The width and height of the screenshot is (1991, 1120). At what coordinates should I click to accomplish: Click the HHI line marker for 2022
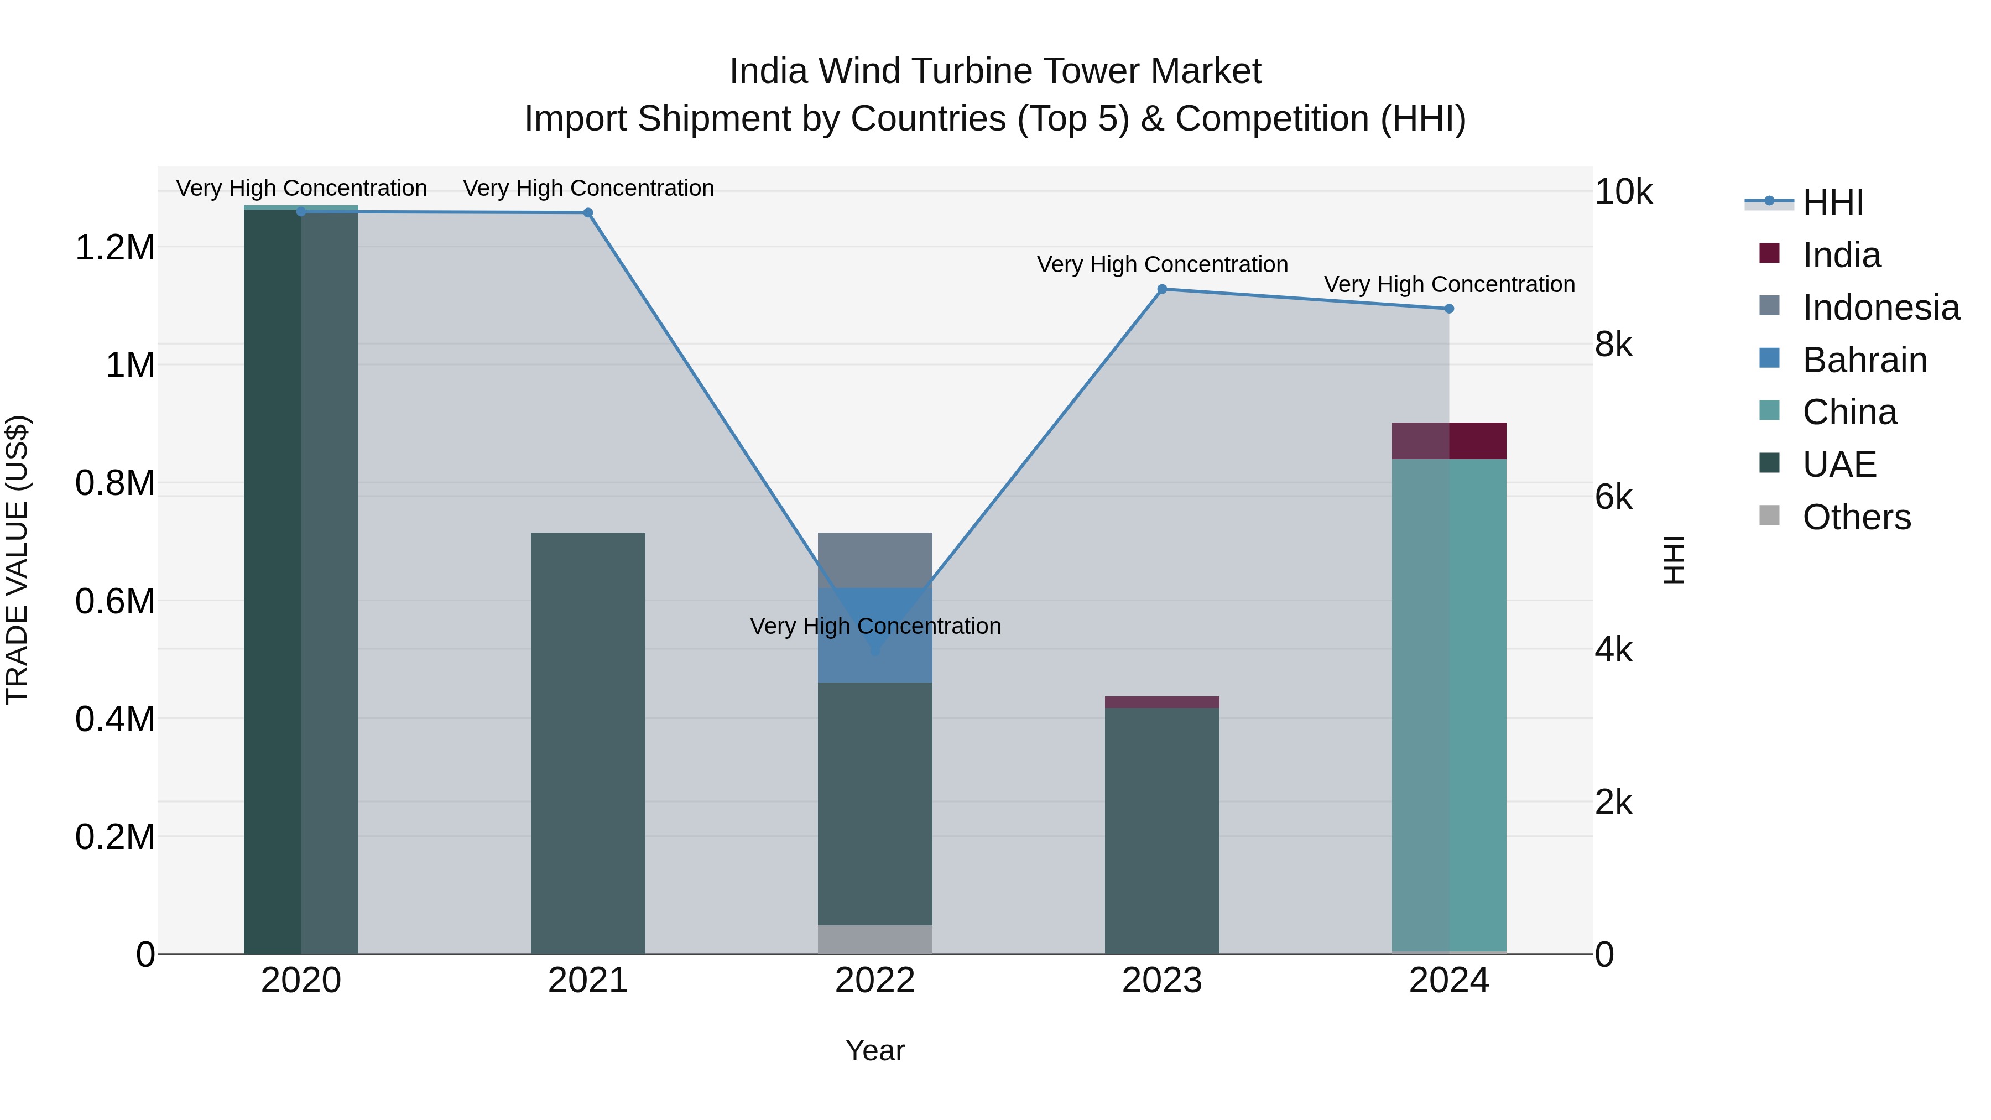(875, 651)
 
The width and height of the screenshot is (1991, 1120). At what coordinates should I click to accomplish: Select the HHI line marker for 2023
(1161, 289)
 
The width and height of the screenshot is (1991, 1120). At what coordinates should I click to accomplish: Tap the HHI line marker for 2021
(588, 212)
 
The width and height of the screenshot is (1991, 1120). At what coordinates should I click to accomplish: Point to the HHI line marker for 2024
(1449, 309)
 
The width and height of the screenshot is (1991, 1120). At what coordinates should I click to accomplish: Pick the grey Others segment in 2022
(875, 939)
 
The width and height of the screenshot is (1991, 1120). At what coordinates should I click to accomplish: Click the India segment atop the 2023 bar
(1161, 702)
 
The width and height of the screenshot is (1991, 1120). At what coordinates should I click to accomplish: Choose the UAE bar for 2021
(588, 742)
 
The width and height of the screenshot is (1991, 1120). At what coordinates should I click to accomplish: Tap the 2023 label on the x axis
(1161, 981)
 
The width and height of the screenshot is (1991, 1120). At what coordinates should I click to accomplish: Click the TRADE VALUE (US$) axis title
(17, 560)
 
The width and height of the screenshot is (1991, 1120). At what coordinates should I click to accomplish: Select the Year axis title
(875, 1050)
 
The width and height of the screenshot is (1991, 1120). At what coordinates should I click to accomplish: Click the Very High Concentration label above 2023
(1161, 264)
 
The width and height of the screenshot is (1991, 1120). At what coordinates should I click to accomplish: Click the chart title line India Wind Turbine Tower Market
(995, 71)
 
